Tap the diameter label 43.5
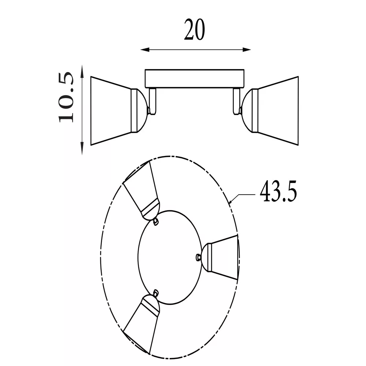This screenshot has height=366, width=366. click(278, 191)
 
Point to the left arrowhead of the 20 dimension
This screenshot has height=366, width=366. click(145, 49)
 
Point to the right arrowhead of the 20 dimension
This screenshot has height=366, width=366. click(246, 49)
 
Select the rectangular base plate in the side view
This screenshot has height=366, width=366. click(194, 79)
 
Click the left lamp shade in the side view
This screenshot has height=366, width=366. click(111, 111)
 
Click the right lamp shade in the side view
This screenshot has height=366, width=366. click(278, 111)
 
